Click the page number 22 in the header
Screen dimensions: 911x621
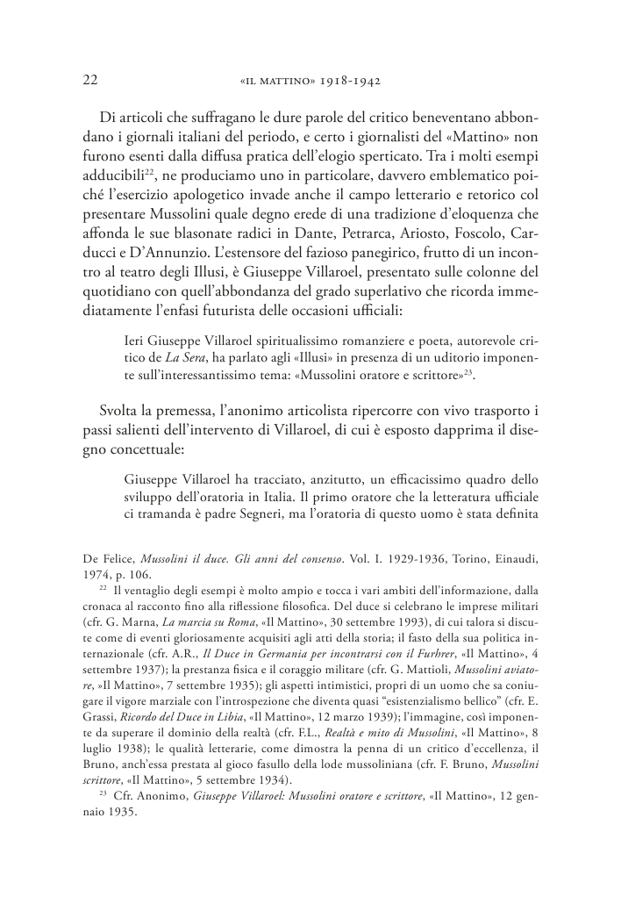[x=89, y=80]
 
